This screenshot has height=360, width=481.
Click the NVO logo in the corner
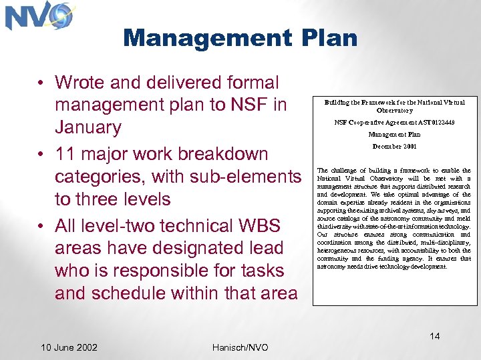coord(39,16)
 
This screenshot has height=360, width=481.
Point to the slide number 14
coord(435,336)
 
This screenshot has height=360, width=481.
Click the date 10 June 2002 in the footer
coord(69,347)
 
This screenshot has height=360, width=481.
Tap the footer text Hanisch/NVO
coord(240,347)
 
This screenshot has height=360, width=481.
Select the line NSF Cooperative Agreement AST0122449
coord(394,123)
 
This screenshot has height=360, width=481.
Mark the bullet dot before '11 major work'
coord(41,154)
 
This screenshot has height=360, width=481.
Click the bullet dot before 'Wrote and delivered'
coord(41,83)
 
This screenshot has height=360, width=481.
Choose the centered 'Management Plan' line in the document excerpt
coord(394,135)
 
